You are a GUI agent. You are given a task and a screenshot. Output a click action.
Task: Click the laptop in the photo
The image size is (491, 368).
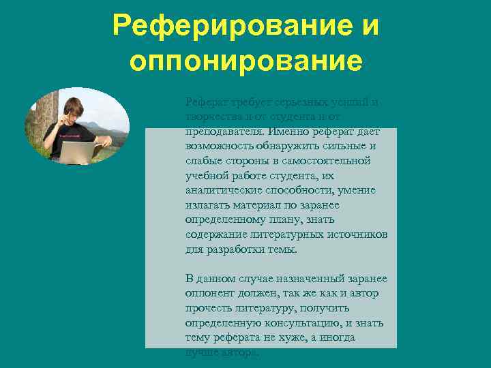pyautogui.click(x=77, y=151)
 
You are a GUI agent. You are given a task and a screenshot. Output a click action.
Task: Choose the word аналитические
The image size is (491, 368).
pyautogui.click(x=225, y=190)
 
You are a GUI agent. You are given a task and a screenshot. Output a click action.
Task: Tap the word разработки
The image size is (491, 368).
pyautogui.click(x=233, y=249)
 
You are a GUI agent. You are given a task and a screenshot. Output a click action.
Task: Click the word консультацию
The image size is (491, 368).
pyautogui.click(x=305, y=323)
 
